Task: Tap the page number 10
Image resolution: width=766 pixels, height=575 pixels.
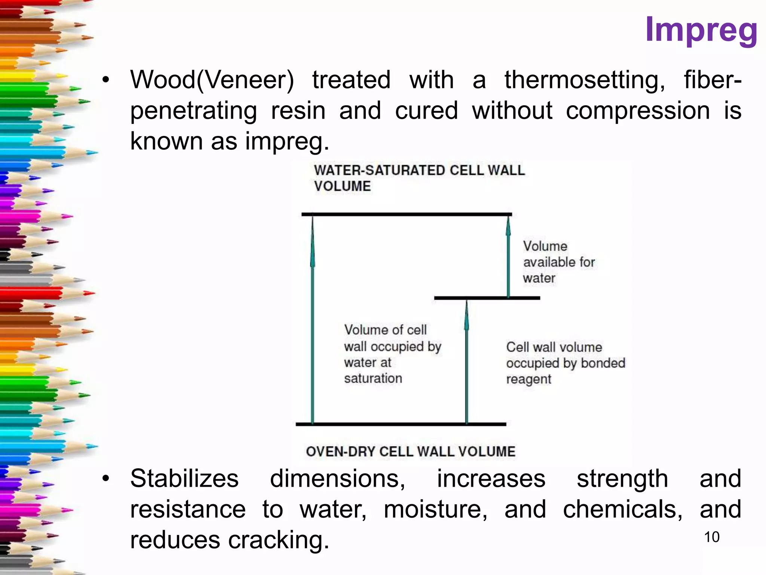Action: tap(711, 537)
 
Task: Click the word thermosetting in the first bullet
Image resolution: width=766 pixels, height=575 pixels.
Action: tap(584, 80)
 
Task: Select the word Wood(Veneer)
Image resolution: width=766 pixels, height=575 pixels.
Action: tap(212, 80)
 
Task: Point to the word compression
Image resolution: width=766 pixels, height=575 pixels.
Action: tap(637, 111)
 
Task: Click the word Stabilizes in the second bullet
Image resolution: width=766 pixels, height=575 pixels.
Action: tap(184, 478)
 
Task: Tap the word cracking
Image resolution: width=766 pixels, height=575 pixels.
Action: tap(278, 540)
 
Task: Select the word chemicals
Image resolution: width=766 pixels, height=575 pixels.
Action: tap(622, 509)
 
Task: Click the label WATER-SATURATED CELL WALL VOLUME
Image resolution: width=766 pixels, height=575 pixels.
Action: tap(419, 178)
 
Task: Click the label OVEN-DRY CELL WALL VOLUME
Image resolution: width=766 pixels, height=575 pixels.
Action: tap(410, 451)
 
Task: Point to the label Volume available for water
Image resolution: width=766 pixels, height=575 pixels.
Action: tap(558, 262)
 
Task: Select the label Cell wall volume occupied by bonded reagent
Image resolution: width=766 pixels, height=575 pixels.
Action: tap(565, 363)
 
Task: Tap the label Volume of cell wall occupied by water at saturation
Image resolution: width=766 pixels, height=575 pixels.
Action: tap(392, 354)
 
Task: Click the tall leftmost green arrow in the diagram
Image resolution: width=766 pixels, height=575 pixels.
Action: tap(313, 318)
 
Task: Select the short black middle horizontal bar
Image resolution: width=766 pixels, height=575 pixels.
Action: tap(487, 298)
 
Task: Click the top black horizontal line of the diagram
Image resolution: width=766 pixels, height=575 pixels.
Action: tap(406, 215)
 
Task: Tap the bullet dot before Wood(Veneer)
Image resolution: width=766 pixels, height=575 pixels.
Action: tap(106, 80)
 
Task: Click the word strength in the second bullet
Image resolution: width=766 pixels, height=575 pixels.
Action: tap(622, 478)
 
